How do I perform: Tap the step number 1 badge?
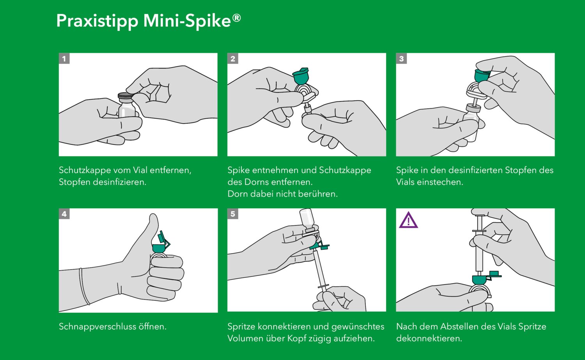pos(64,59)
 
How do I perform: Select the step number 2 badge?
pos(233,59)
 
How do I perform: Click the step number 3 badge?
pos(401,59)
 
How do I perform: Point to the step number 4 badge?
pos(64,214)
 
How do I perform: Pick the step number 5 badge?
pos(233,214)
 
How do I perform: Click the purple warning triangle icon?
pos(408,221)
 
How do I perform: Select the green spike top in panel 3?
pos(482,75)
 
